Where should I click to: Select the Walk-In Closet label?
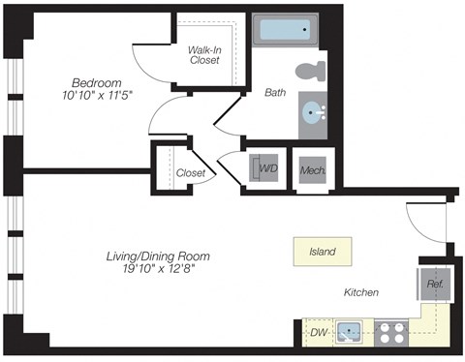click(208, 55)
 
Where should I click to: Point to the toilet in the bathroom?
click(310, 72)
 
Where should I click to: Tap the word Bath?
click(274, 93)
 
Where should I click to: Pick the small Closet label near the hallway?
click(191, 173)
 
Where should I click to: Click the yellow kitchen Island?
click(322, 252)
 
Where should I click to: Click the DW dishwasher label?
click(317, 334)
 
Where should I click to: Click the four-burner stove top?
click(393, 334)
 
